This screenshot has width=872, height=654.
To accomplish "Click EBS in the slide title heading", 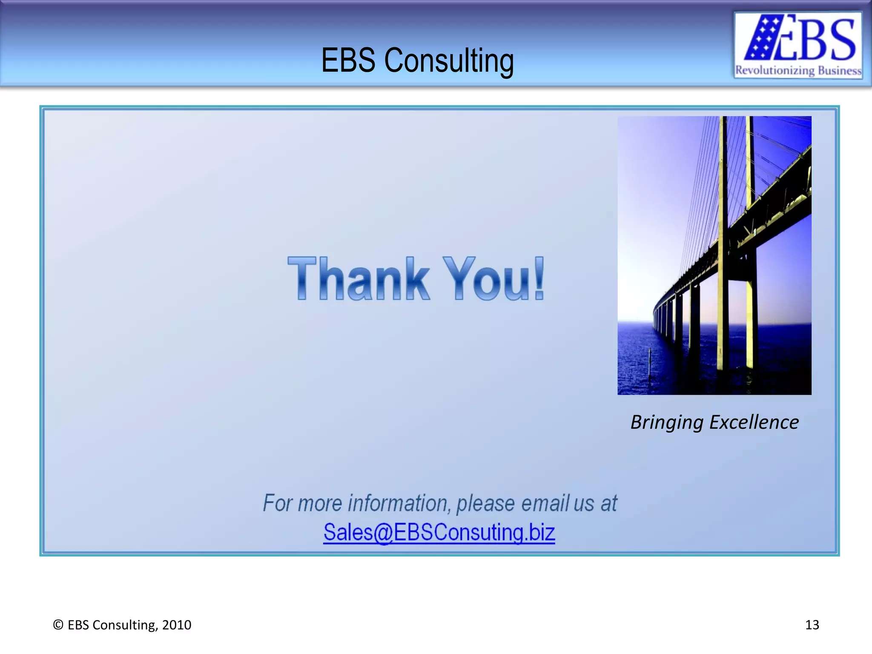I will click(348, 60).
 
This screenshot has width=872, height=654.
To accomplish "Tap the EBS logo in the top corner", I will click(798, 45).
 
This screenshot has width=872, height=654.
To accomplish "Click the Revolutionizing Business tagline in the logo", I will click(798, 70).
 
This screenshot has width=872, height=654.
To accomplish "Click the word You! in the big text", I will click(494, 279).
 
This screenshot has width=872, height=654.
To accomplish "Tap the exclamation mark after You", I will click(539, 278).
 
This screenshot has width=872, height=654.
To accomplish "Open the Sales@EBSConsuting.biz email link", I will click(439, 532).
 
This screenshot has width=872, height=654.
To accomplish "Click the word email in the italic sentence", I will click(545, 503).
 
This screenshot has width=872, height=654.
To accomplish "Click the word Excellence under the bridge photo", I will click(754, 422).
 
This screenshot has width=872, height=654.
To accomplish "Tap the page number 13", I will click(812, 625).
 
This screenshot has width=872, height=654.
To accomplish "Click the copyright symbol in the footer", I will click(58, 625).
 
